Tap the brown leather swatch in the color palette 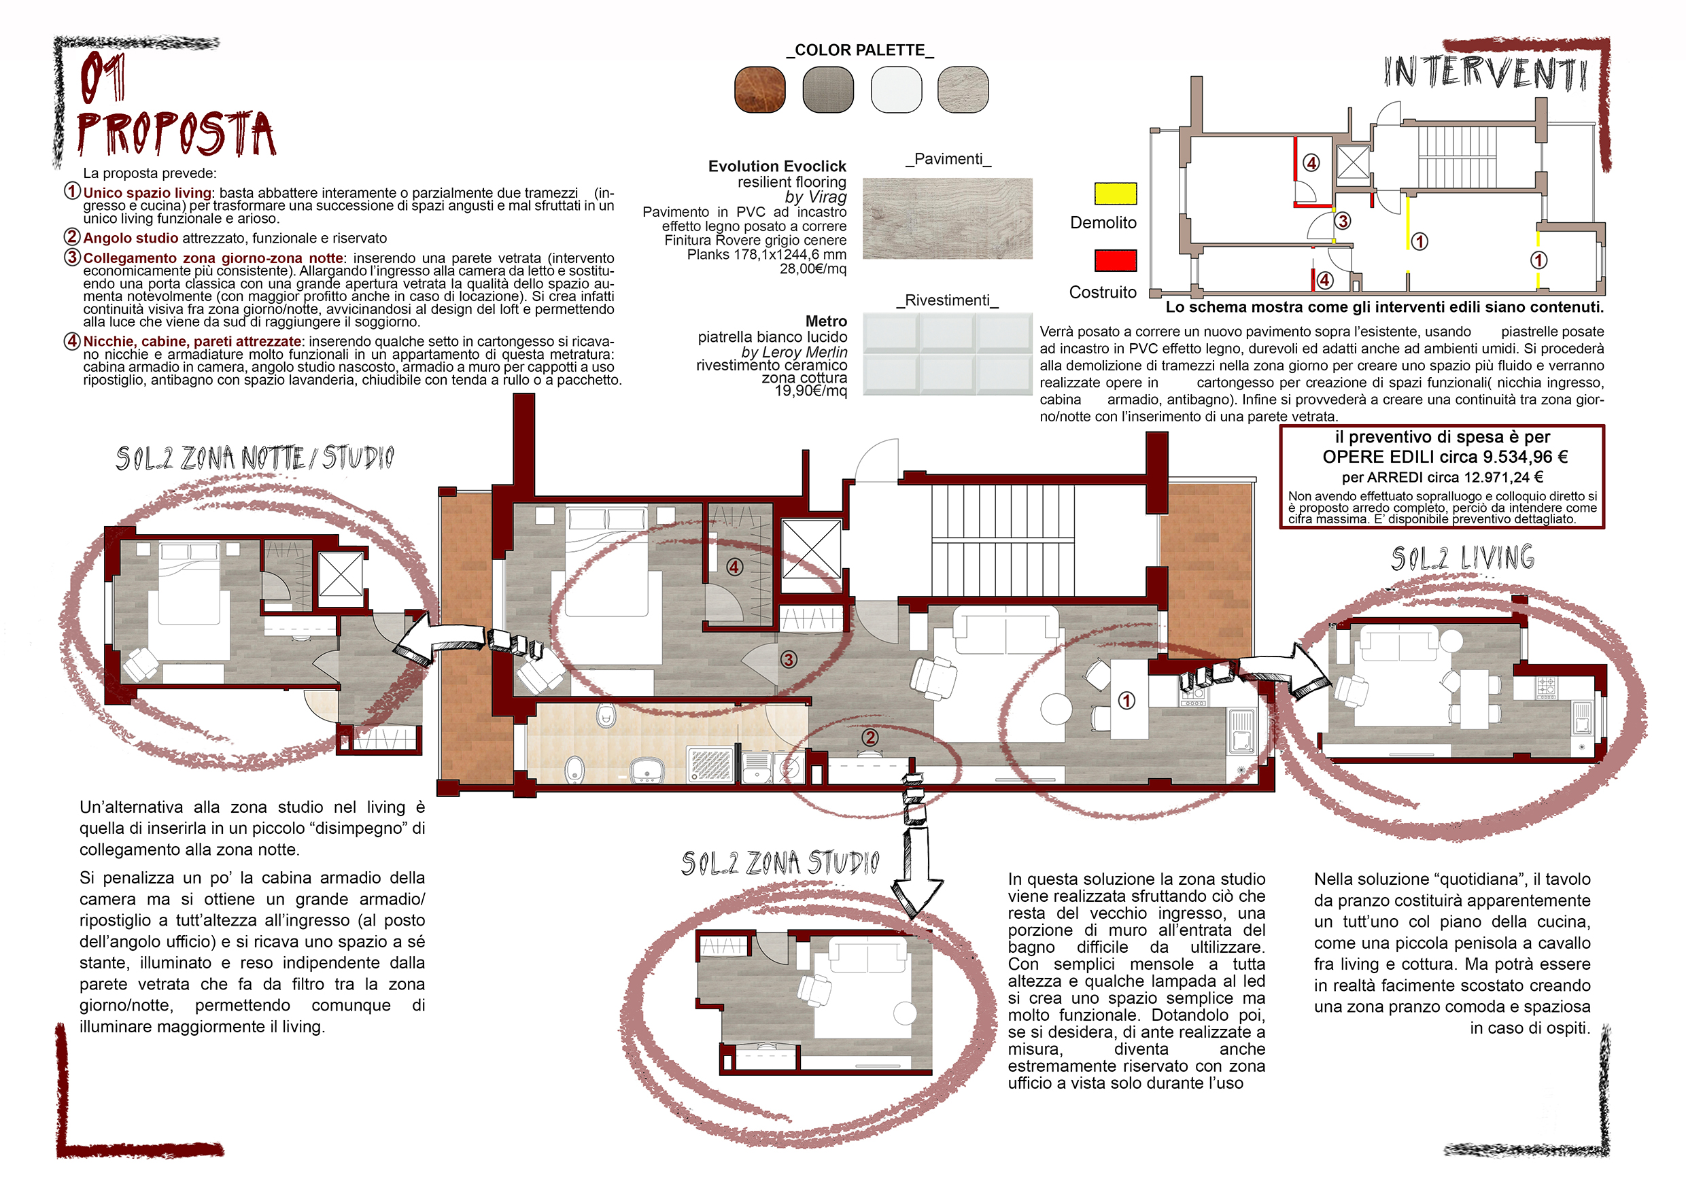759,90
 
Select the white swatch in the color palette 896,90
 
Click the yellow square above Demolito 1115,193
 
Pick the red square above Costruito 1115,260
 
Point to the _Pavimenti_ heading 948,159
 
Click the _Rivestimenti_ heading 946,300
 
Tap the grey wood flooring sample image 947,218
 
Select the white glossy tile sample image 947,354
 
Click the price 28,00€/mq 813,269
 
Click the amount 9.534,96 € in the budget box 1524,457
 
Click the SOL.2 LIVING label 1462,559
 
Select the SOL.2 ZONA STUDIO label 780,863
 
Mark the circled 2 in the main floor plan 870,737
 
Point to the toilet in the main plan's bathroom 606,714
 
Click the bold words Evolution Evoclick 777,166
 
